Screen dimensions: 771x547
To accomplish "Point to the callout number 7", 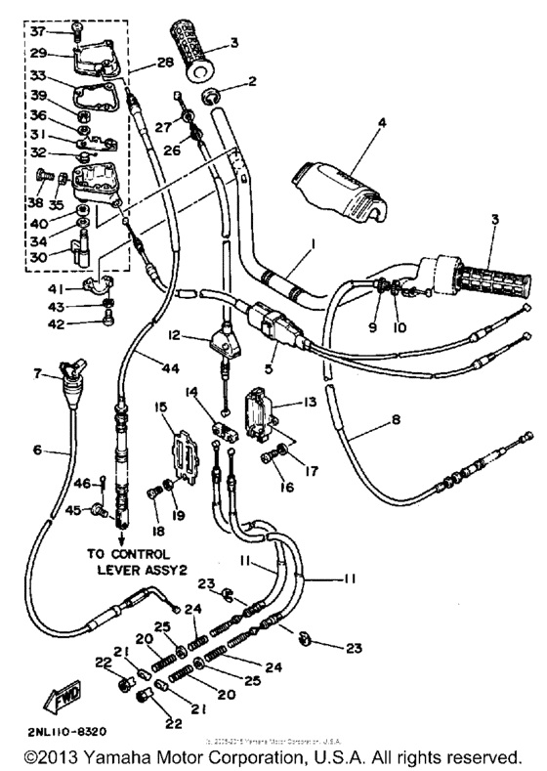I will click(38, 372).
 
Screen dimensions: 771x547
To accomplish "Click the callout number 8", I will click(372, 422).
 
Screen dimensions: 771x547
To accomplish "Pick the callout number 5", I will click(269, 369).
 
